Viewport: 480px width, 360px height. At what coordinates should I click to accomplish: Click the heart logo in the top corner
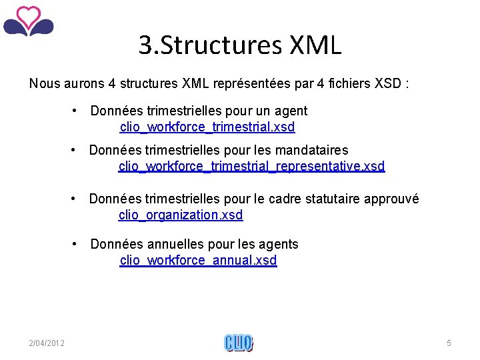click(x=28, y=21)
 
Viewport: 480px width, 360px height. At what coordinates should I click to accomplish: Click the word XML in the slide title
click(x=315, y=45)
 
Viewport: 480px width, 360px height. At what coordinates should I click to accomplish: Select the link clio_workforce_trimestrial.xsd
click(x=207, y=127)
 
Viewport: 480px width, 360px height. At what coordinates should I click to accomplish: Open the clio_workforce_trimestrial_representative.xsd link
click(x=251, y=166)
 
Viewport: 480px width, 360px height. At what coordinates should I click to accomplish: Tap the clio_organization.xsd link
click(x=181, y=215)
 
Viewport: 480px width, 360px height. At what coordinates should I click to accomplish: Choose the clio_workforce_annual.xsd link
click(x=198, y=260)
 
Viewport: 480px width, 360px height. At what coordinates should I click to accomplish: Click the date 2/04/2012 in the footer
click(x=47, y=343)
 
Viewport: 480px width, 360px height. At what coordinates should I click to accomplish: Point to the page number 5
click(x=449, y=343)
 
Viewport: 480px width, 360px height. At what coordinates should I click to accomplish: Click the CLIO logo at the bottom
click(x=239, y=343)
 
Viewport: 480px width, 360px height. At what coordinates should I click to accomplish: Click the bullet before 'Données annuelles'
click(x=77, y=244)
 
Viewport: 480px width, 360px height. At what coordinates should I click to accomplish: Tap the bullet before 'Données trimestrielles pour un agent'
click(x=77, y=111)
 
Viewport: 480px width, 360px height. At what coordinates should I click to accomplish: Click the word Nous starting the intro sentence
click(x=43, y=84)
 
